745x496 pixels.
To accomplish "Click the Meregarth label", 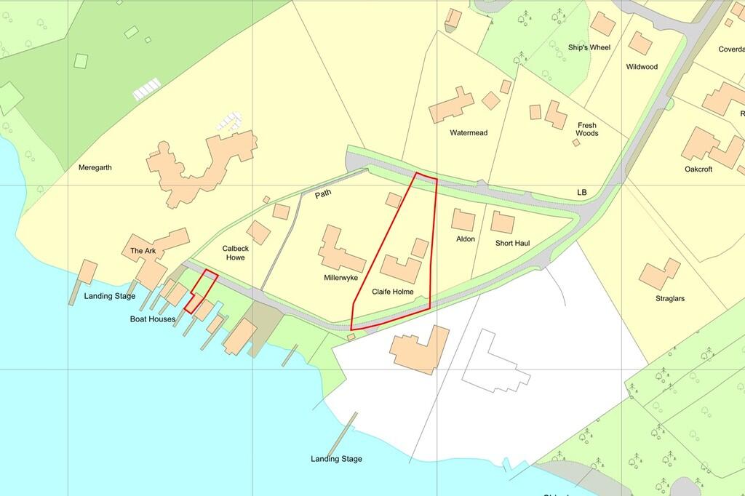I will click(x=95, y=167).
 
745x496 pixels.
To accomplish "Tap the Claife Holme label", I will click(x=393, y=292).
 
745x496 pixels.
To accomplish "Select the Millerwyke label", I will click(x=341, y=278).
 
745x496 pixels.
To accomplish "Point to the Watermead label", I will click(x=469, y=133).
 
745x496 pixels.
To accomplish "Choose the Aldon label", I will click(x=466, y=239).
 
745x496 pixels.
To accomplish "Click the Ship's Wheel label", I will click(x=589, y=48).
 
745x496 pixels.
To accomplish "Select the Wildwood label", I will click(x=642, y=67).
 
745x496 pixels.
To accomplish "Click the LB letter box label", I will click(x=581, y=192).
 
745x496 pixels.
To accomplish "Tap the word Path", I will click(x=324, y=196).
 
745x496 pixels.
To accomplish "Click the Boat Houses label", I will click(x=153, y=319).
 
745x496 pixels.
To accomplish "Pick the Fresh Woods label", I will click(x=587, y=129).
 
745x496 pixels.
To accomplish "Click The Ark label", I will click(x=143, y=251).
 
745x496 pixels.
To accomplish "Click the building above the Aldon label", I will click(x=463, y=220).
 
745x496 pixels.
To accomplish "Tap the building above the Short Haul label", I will click(x=503, y=222).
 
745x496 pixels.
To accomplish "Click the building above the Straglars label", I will click(x=660, y=273).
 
